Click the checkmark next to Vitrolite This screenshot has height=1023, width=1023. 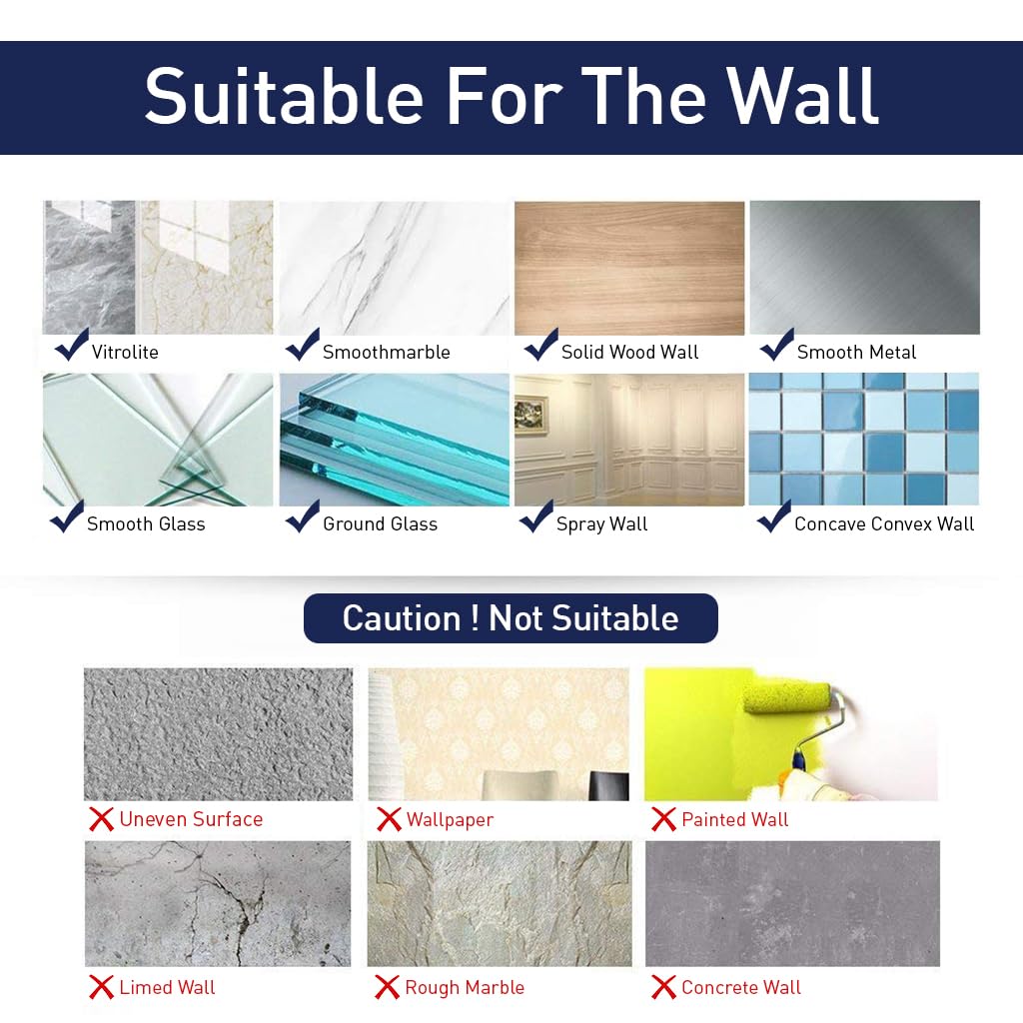(x=71, y=345)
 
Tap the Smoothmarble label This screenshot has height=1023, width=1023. (x=386, y=352)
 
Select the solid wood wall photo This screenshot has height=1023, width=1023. (x=629, y=268)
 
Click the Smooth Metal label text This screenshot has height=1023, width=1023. (x=856, y=352)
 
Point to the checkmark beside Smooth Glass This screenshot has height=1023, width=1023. (x=67, y=516)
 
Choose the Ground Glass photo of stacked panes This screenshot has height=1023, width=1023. (x=394, y=440)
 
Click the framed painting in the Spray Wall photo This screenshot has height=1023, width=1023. (x=531, y=411)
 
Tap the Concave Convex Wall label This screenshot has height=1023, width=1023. (x=884, y=523)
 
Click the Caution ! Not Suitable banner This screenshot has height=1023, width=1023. (x=511, y=618)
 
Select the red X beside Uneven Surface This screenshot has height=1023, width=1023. (x=101, y=820)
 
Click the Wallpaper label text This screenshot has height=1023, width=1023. (x=450, y=820)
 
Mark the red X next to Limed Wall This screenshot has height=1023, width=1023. (x=101, y=988)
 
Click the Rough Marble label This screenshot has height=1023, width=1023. (x=465, y=988)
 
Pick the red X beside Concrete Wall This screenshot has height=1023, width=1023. (x=663, y=988)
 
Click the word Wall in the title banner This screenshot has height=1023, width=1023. (x=802, y=97)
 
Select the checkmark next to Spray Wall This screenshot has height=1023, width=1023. (x=536, y=516)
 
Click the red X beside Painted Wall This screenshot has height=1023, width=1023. (x=663, y=820)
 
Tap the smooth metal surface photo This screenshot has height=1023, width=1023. (x=864, y=268)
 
